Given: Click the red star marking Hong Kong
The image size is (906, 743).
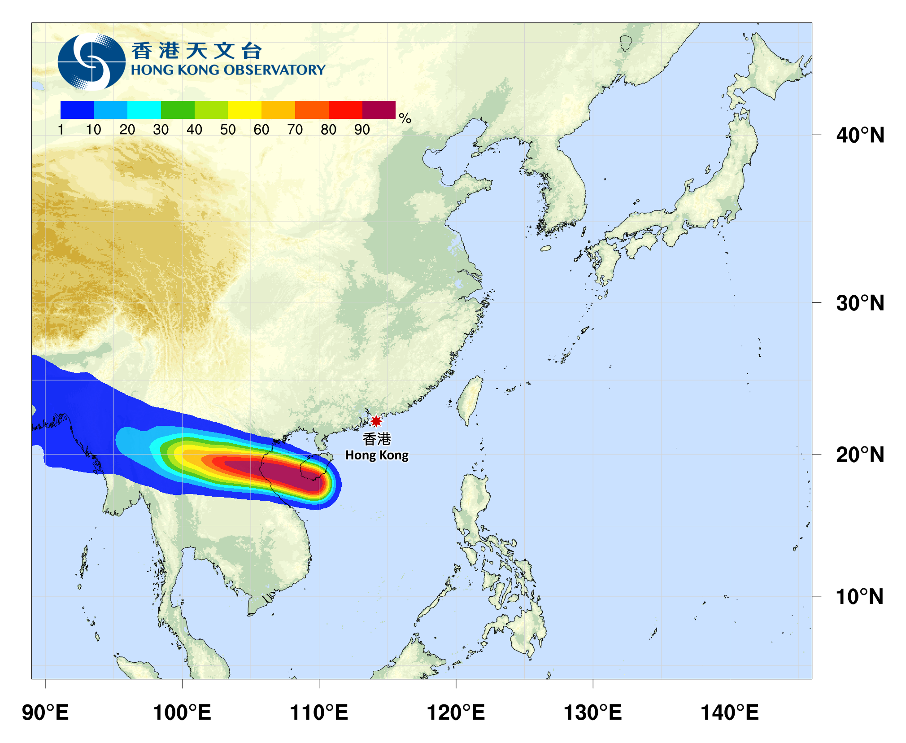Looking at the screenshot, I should (x=376, y=421).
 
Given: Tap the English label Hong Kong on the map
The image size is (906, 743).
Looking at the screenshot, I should (x=377, y=455).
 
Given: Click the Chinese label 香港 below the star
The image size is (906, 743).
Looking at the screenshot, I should (x=377, y=439).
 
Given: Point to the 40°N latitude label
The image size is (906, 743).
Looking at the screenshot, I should (x=860, y=135).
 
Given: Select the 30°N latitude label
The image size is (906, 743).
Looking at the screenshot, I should (x=860, y=303).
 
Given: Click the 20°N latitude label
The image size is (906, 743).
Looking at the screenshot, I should (x=860, y=455).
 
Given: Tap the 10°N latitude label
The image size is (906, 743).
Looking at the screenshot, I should (x=860, y=597).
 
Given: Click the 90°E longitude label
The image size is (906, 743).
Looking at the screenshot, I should (x=45, y=712).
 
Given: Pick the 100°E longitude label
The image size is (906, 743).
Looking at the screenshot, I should (x=182, y=712).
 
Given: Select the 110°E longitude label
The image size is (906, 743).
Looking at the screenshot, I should (x=319, y=712).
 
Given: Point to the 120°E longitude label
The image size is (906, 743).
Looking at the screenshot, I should (x=456, y=712).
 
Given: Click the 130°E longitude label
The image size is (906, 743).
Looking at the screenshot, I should (x=593, y=712).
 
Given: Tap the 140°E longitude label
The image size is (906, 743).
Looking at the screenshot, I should (x=730, y=712).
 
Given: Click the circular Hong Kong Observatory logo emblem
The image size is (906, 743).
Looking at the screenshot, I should (x=91, y=61).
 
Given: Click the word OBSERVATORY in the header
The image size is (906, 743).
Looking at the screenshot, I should (x=274, y=70).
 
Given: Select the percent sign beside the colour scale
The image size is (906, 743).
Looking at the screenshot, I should (x=405, y=118).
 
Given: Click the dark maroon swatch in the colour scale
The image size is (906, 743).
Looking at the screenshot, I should (x=379, y=110).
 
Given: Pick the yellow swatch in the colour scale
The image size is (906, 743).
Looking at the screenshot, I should (x=244, y=110).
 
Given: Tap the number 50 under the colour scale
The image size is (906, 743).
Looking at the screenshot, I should (x=228, y=130).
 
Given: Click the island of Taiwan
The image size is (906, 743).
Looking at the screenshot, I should (x=470, y=399).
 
